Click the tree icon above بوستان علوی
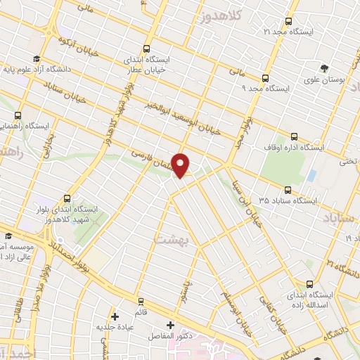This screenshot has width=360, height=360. pos(324,68)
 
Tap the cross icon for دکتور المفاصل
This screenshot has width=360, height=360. pos(169,326)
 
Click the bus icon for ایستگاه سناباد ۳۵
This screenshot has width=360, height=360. pos(288,189)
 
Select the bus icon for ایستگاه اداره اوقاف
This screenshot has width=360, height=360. pos(293,136)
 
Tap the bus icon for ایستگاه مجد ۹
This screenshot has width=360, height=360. pos(265,78)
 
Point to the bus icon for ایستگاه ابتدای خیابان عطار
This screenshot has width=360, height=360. pos(146,49)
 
